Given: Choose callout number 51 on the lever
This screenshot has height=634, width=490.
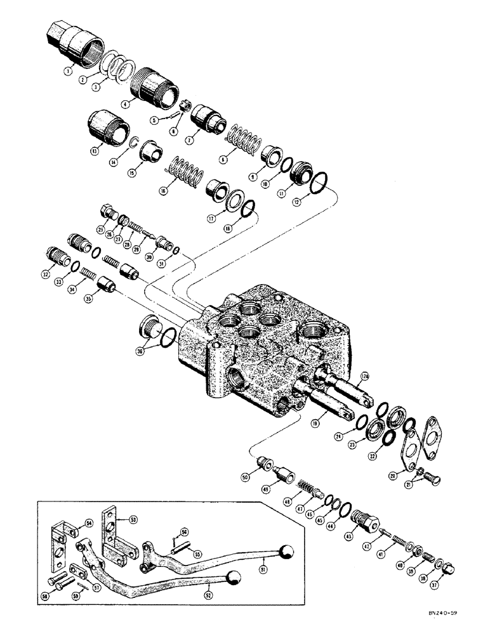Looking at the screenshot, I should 263,557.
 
